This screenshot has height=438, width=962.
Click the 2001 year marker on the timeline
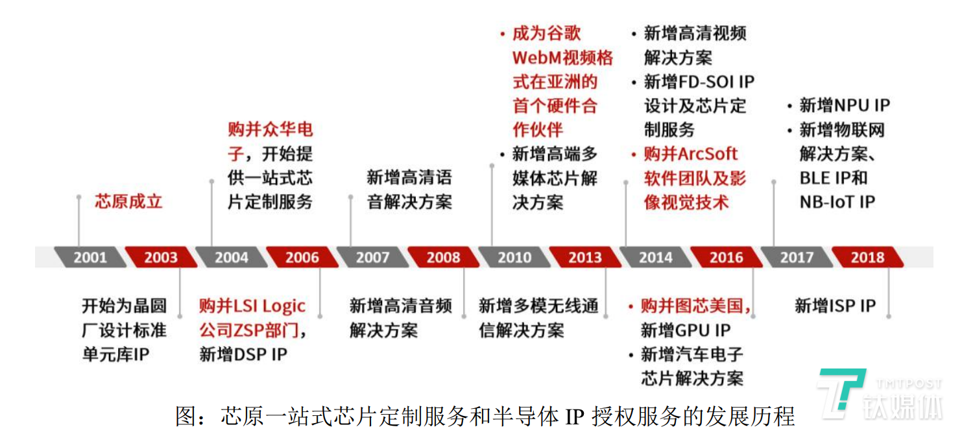pyautogui.click(x=90, y=258)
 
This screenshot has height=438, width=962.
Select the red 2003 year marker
pyautogui.click(x=161, y=258)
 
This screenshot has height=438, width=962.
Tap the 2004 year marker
pyautogui.click(x=232, y=258)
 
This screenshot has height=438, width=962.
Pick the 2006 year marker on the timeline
pyautogui.click(x=302, y=258)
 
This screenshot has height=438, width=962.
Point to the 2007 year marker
pyautogui.click(x=372, y=258)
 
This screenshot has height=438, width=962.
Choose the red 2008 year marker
pyautogui.click(x=444, y=258)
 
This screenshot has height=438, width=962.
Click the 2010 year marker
pyautogui.click(x=514, y=258)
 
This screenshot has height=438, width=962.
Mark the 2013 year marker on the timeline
pyautogui.click(x=585, y=258)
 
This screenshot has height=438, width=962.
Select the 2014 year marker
pyautogui.click(x=656, y=258)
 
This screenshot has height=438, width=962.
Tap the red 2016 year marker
pyautogui.click(x=727, y=258)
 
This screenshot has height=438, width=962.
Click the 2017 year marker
pyautogui.click(x=797, y=258)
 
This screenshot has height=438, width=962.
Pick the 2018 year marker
pyautogui.click(x=867, y=258)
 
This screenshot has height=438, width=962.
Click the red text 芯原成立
pyautogui.click(x=128, y=201)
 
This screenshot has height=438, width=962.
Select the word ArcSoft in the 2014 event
pyautogui.click(x=708, y=154)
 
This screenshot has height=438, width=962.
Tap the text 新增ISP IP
pyautogui.click(x=836, y=306)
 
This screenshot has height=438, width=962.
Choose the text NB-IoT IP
pyautogui.click(x=837, y=202)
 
